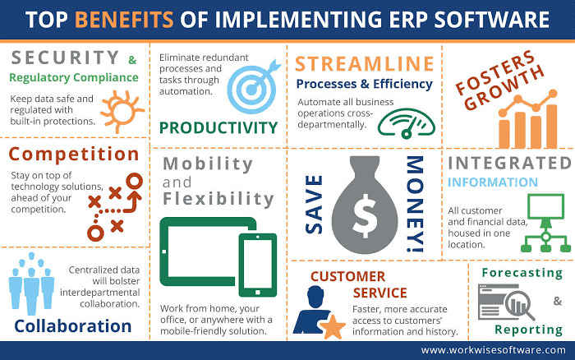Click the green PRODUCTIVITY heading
click(x=218, y=127)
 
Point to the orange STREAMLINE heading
click(x=364, y=63)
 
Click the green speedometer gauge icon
click(x=406, y=122)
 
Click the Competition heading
click(x=75, y=155)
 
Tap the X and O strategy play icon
click(x=114, y=210)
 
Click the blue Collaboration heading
click(x=73, y=325)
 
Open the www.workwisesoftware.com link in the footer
click(x=493, y=350)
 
